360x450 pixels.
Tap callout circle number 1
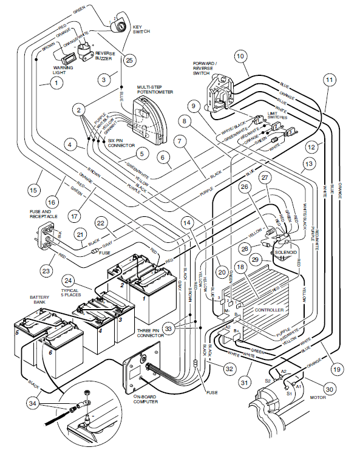click(56, 81)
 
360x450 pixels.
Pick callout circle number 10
click(240, 56)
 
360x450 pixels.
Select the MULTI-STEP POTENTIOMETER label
click(155, 90)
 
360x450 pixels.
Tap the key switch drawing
click(121, 27)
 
